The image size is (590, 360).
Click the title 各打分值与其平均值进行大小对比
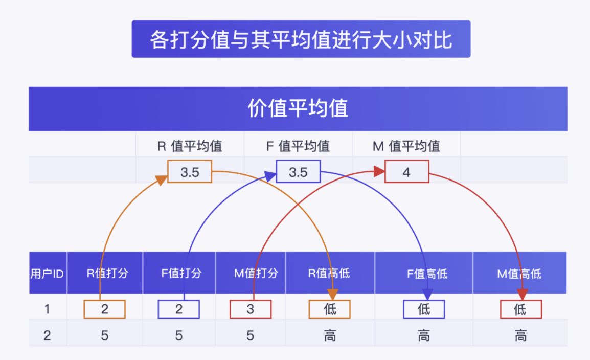click(x=301, y=39)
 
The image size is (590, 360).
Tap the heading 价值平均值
click(x=298, y=108)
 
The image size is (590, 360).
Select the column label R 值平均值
click(x=190, y=146)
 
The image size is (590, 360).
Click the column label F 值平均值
click(x=298, y=146)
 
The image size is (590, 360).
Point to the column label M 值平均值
click(x=406, y=146)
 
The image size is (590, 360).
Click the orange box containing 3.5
click(x=190, y=172)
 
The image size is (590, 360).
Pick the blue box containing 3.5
click(x=298, y=172)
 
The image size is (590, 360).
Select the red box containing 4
click(x=406, y=172)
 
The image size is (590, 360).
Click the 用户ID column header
click(x=47, y=274)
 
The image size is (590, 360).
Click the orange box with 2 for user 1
click(x=104, y=309)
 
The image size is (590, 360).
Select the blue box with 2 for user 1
click(x=178, y=309)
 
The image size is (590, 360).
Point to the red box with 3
click(x=250, y=309)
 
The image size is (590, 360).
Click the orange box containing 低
click(x=330, y=309)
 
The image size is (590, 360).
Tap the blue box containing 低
click(x=424, y=309)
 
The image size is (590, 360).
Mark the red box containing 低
click(x=520, y=309)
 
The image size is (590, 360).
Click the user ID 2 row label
click(x=47, y=335)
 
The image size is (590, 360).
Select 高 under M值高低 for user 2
click(x=520, y=335)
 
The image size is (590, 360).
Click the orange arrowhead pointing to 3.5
click(x=161, y=180)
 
